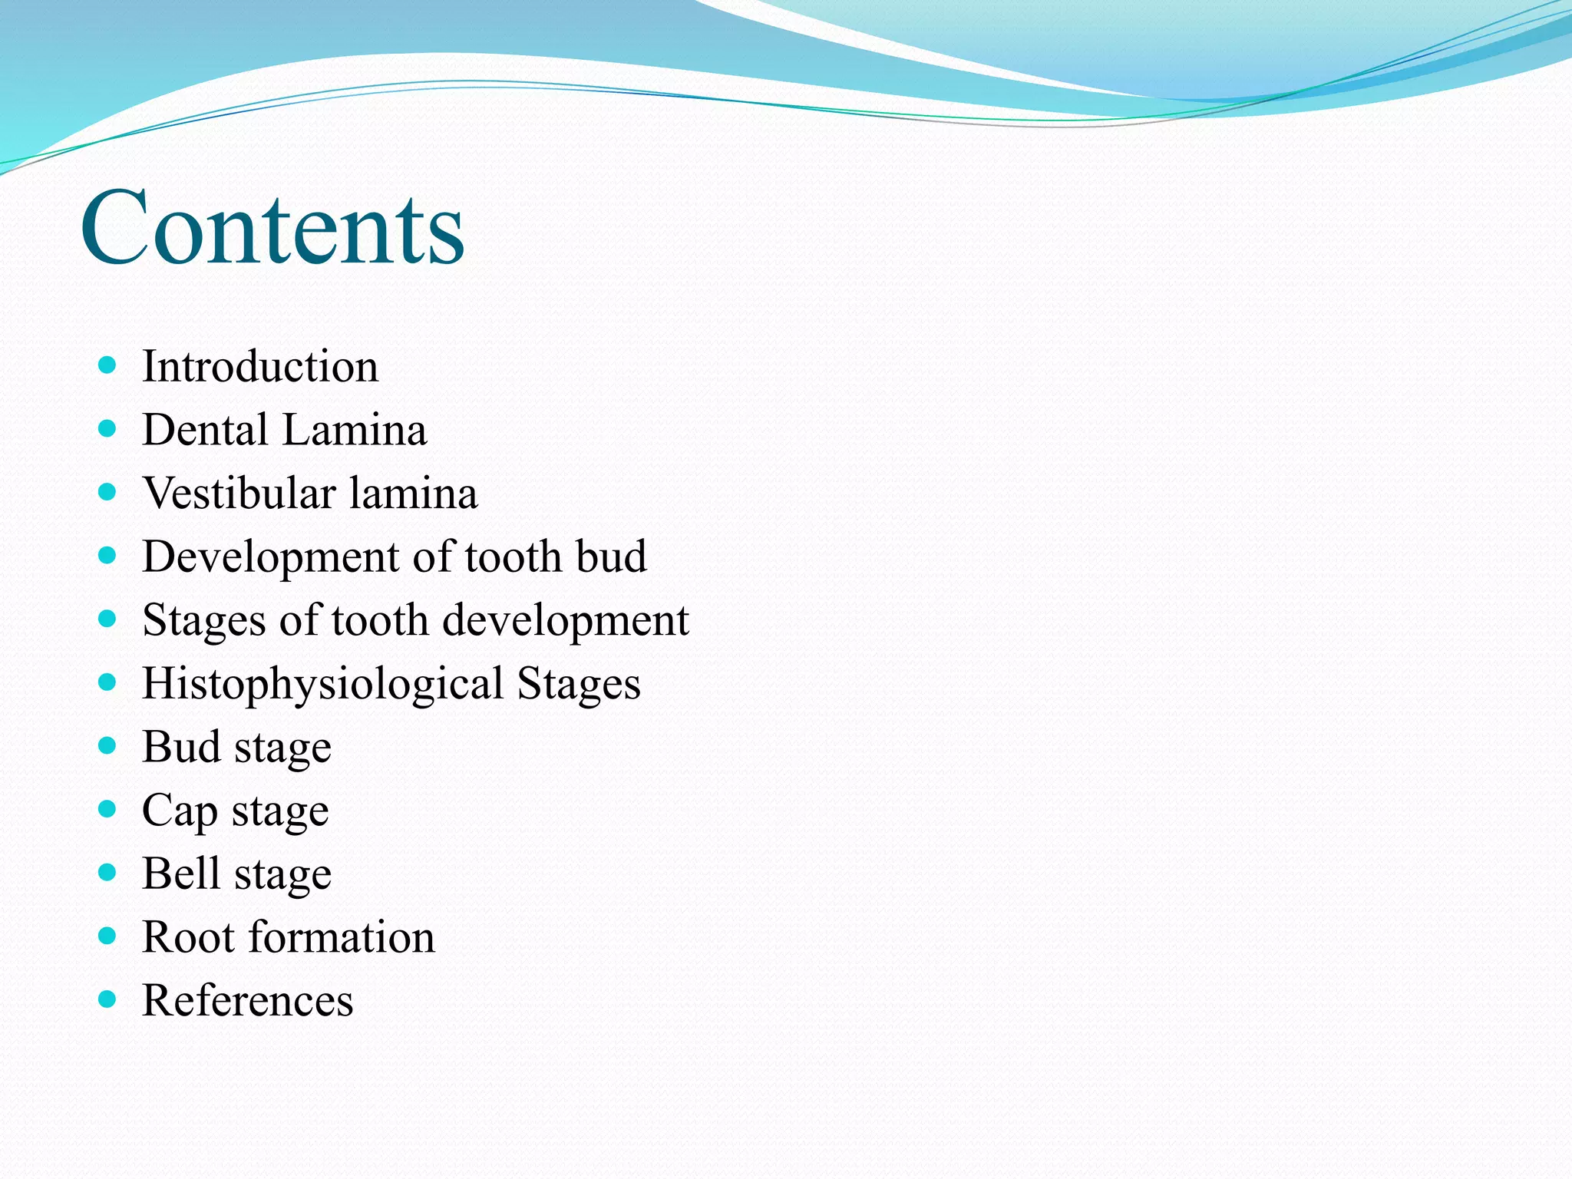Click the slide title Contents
[x=272, y=228]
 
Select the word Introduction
[x=260, y=366]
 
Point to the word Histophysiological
[x=322, y=684]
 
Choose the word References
[x=248, y=1000]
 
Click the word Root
[x=189, y=937]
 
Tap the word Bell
[x=181, y=874]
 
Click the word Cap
[x=180, y=811]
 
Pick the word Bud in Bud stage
[x=181, y=747]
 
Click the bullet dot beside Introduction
[x=107, y=365]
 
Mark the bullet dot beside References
[x=107, y=999]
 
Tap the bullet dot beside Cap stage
[x=107, y=808]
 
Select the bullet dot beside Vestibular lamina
[x=107, y=491]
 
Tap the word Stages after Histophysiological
[x=579, y=684]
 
